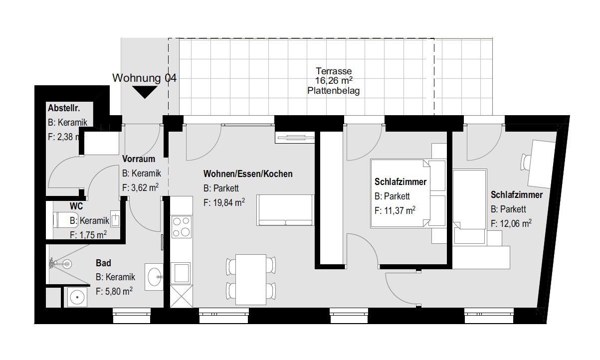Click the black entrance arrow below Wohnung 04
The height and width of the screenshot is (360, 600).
(x=145, y=92)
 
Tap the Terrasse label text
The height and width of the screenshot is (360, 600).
(x=334, y=71)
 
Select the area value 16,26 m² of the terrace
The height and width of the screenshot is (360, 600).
(x=334, y=81)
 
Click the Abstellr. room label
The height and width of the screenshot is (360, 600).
(x=64, y=108)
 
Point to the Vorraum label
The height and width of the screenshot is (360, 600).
(x=139, y=159)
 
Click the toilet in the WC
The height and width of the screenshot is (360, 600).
(x=65, y=220)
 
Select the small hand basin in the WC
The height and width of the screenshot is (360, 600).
(x=115, y=218)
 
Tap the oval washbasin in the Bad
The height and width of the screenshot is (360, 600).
(x=155, y=277)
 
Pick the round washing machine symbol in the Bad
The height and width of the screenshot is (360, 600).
(x=77, y=297)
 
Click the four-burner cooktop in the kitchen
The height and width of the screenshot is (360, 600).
(x=182, y=227)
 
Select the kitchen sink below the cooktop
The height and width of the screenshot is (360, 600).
(x=182, y=273)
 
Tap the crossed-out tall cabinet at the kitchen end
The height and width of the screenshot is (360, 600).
(x=182, y=296)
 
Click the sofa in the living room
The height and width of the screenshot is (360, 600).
(x=285, y=210)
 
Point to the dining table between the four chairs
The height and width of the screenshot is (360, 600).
(x=251, y=280)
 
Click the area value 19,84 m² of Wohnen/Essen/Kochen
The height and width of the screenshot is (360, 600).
(x=224, y=202)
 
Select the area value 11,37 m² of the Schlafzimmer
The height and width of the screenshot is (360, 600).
(x=395, y=210)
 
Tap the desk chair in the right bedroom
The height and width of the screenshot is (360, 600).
(x=526, y=162)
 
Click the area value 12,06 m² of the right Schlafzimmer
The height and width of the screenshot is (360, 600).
(x=511, y=223)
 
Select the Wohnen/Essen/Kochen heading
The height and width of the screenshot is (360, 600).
(x=248, y=174)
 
